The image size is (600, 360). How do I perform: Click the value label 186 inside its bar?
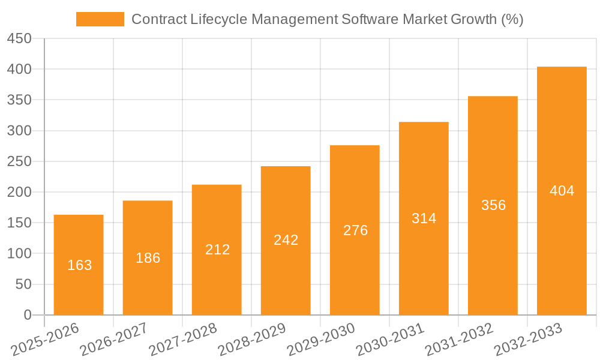point(148,258)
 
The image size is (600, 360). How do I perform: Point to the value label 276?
point(355,230)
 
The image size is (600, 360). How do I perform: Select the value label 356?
point(493,205)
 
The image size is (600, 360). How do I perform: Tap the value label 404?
point(562,191)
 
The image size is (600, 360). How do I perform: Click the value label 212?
point(217,250)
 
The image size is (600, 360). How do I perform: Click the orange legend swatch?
point(100,19)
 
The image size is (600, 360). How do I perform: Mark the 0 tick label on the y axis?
point(27,315)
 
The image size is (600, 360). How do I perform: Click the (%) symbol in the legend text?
point(511,19)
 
